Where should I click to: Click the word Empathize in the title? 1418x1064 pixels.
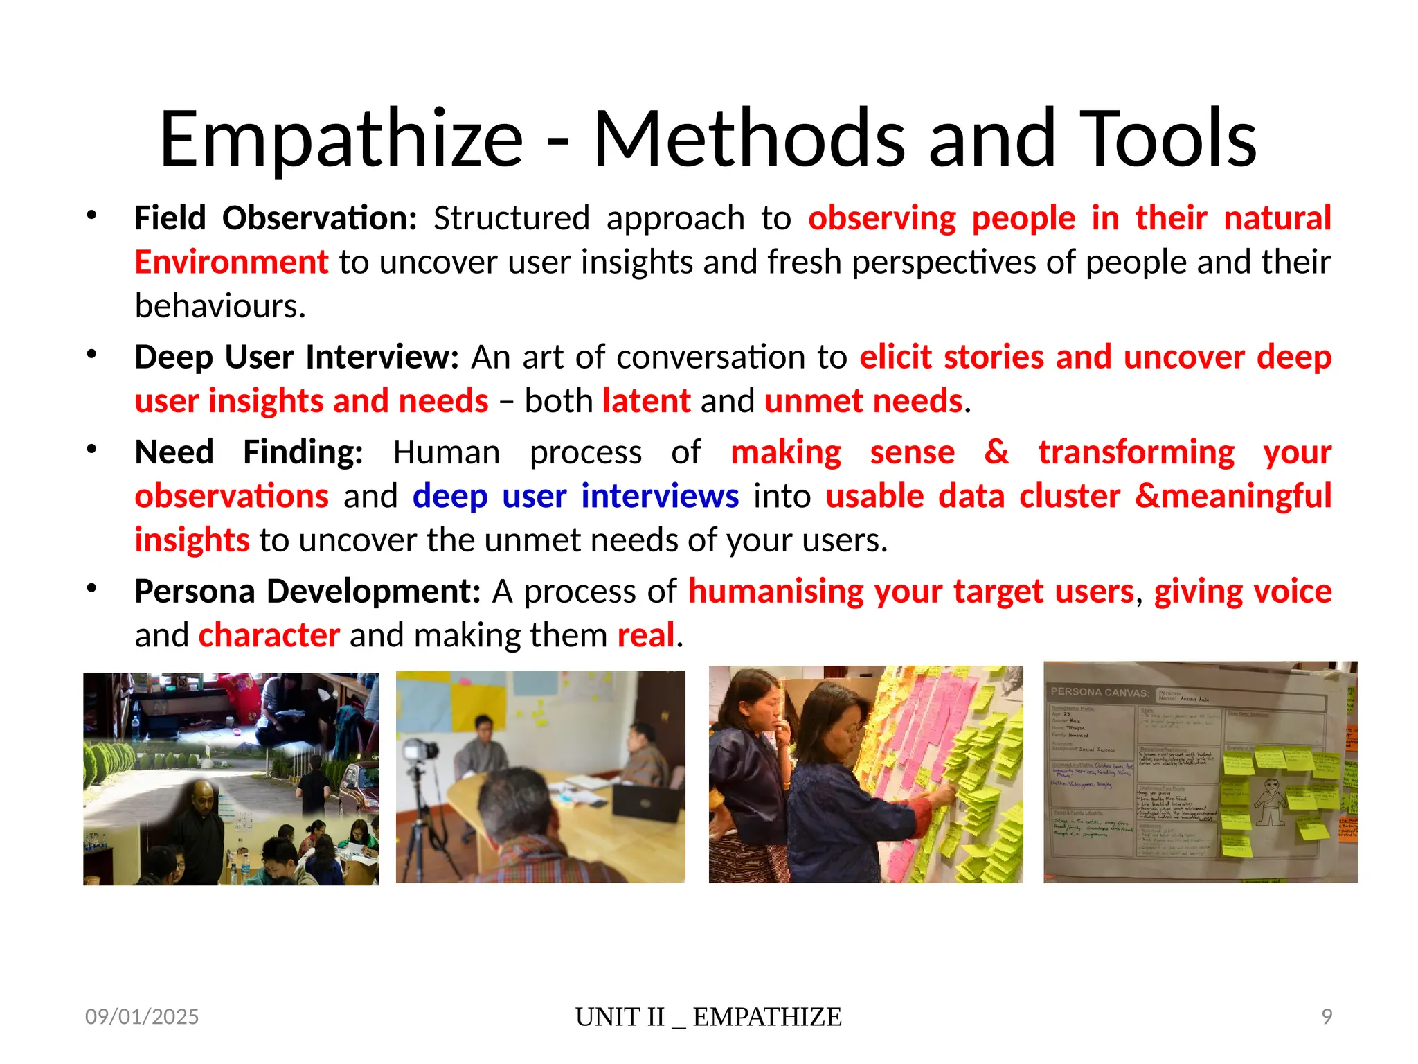tap(341, 141)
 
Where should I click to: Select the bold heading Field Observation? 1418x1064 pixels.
tap(276, 218)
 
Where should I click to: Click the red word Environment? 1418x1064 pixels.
tap(231, 263)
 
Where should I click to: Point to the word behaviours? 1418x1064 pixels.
tap(219, 306)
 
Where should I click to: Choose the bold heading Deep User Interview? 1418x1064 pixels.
tap(296, 357)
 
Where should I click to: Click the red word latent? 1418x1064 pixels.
tap(646, 401)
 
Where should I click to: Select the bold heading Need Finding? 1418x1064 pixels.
tap(249, 452)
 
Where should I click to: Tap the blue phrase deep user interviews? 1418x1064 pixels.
tap(575, 497)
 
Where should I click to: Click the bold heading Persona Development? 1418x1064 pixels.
tap(307, 592)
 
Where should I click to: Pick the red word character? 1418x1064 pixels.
tap(269, 635)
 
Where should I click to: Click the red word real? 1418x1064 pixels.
tap(645, 635)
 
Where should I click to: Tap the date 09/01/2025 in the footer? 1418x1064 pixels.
tap(142, 1016)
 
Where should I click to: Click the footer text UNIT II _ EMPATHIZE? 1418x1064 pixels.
tap(708, 1017)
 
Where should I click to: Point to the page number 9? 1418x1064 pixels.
tap(1326, 1016)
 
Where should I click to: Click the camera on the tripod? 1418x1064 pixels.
tap(421, 752)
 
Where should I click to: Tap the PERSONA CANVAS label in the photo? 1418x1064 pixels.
tap(1099, 692)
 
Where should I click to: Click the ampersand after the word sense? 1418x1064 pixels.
tap(996, 452)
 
